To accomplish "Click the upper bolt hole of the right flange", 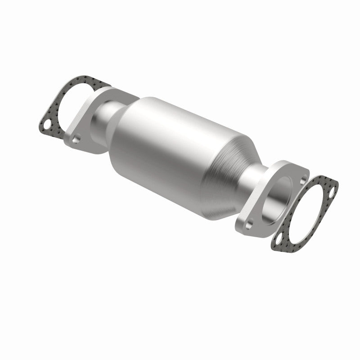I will point(302,178).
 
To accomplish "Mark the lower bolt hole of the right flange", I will point(249,222).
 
